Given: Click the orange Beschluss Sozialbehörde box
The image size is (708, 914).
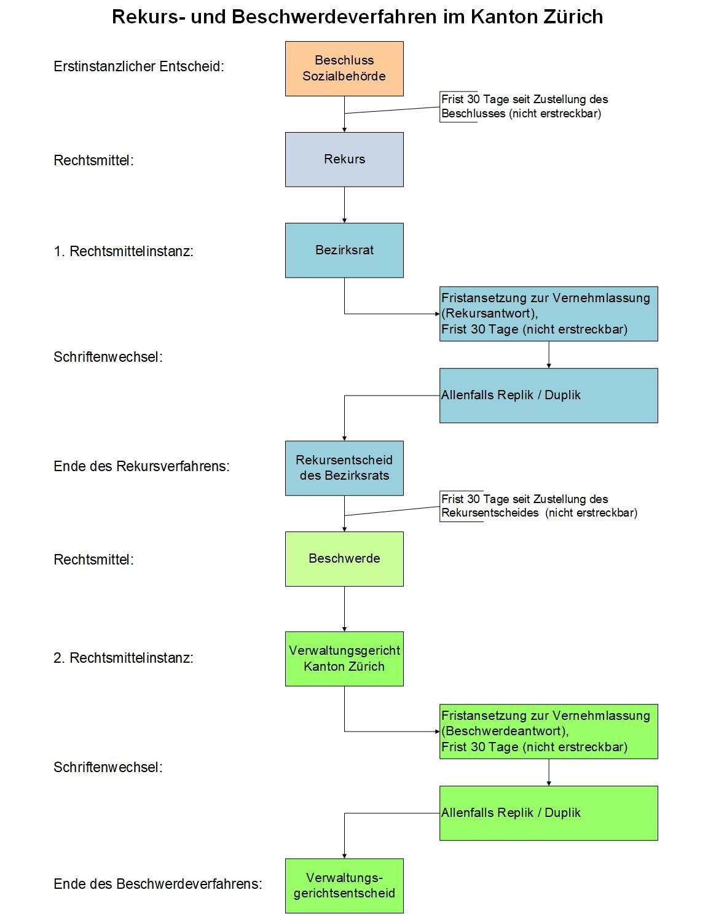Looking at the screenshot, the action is pyautogui.click(x=344, y=69).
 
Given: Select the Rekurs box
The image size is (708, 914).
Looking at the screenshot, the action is pyautogui.click(x=344, y=160).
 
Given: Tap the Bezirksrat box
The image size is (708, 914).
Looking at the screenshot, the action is pyautogui.click(x=344, y=250).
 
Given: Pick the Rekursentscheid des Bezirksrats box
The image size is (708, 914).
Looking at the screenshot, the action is pyautogui.click(x=344, y=467).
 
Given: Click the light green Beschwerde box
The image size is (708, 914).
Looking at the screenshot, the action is pyautogui.click(x=344, y=558).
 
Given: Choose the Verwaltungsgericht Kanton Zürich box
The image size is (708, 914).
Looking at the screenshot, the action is pyautogui.click(x=344, y=658).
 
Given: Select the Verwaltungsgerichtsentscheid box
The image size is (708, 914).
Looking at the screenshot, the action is pyautogui.click(x=344, y=885).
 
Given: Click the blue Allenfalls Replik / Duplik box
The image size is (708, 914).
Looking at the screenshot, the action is pyautogui.click(x=549, y=396).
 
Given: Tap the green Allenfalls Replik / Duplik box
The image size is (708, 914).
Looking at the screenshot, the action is pyautogui.click(x=549, y=813).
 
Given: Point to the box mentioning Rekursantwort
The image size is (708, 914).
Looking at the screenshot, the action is pyautogui.click(x=549, y=314).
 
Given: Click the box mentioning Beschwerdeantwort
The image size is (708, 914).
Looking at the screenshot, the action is pyautogui.click(x=549, y=732).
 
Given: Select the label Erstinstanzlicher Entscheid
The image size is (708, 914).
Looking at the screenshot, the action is pyautogui.click(x=139, y=66).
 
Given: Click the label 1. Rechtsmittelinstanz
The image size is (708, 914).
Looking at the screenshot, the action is pyautogui.click(x=124, y=251).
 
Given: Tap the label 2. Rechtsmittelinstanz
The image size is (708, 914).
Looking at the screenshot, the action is pyautogui.click(x=124, y=658).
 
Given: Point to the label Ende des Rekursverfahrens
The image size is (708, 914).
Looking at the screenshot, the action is pyautogui.click(x=141, y=466).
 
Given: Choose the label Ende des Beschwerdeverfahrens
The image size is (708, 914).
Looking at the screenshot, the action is pyautogui.click(x=158, y=884).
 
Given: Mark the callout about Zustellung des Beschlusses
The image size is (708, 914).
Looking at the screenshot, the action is pyautogui.click(x=524, y=106).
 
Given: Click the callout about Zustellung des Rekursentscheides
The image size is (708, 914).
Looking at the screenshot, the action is pyautogui.click(x=539, y=506).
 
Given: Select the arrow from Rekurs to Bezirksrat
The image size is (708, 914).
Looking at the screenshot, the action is pyautogui.click(x=344, y=205).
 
